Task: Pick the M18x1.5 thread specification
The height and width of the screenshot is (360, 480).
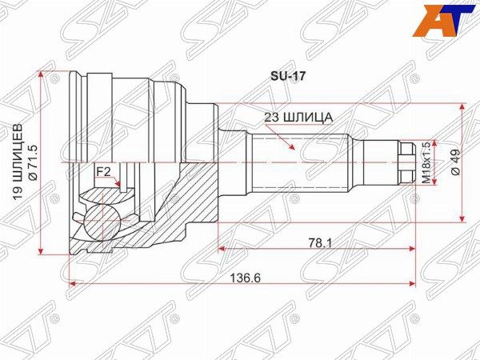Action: point(426,163)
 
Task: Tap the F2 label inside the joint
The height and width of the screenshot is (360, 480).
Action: point(103,171)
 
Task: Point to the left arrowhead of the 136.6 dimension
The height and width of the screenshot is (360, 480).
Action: point(74,282)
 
